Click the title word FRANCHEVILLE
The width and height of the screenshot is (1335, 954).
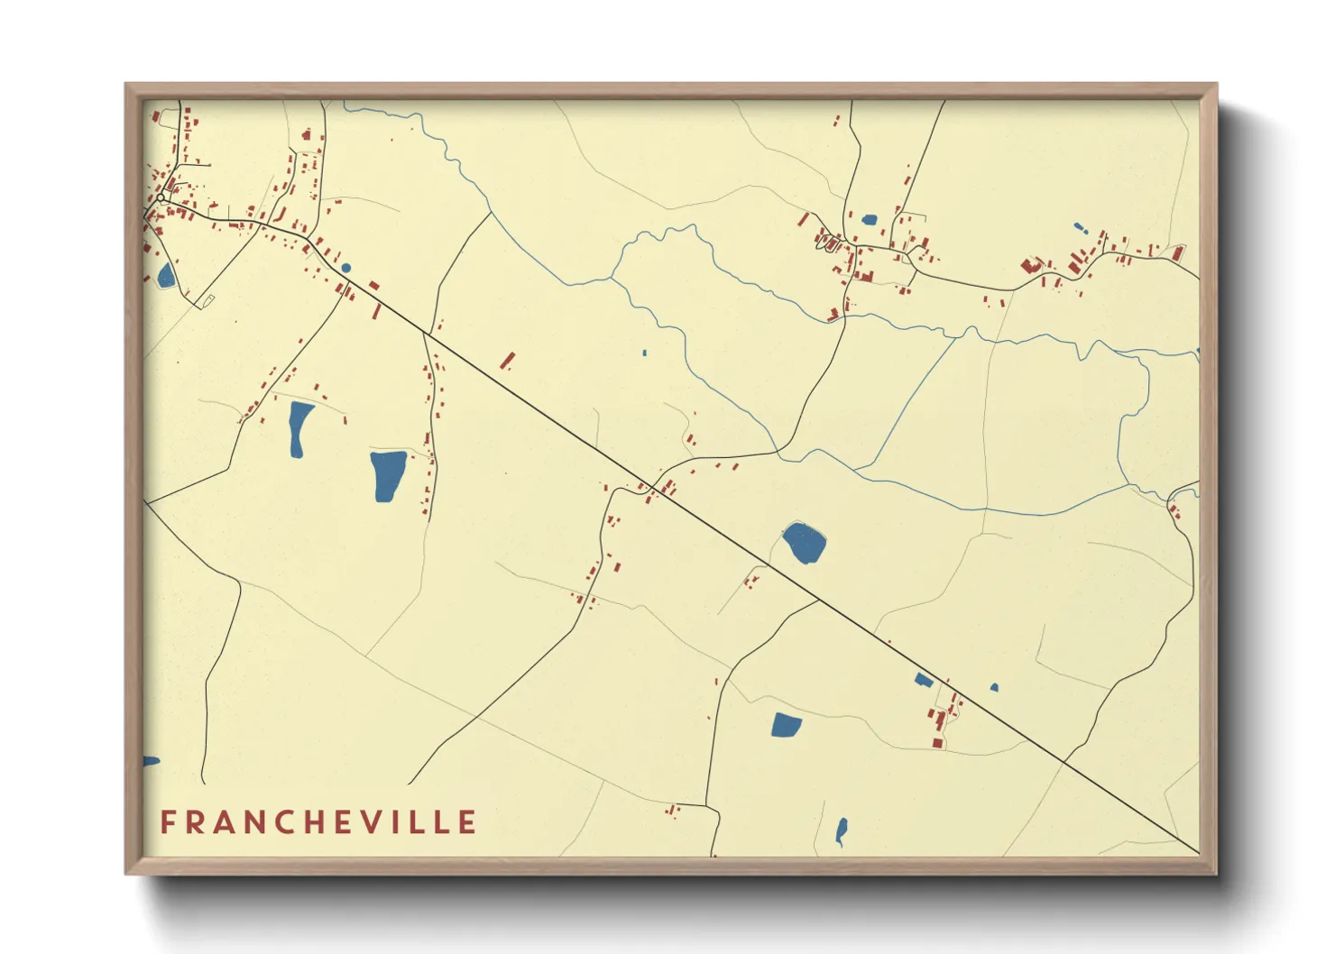click(x=318, y=822)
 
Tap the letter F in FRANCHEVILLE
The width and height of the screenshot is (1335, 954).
click(x=167, y=822)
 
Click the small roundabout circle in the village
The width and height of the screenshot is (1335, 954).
click(x=161, y=197)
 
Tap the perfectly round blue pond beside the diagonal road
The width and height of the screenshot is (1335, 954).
click(x=345, y=268)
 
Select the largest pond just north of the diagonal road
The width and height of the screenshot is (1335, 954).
click(x=804, y=543)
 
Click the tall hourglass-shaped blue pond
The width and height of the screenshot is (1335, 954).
click(x=299, y=428)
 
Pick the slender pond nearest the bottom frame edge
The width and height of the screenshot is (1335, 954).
click(x=841, y=830)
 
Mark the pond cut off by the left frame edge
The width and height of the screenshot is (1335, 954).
click(x=150, y=762)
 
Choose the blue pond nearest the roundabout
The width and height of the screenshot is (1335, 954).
click(x=165, y=275)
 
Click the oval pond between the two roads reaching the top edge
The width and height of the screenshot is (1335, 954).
click(x=869, y=219)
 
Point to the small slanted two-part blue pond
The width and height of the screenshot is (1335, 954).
click(x=1080, y=227)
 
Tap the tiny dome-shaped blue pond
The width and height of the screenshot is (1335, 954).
click(x=994, y=688)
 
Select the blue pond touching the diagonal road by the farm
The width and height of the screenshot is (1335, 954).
click(x=924, y=680)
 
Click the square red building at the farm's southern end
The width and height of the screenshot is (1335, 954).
click(x=937, y=743)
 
